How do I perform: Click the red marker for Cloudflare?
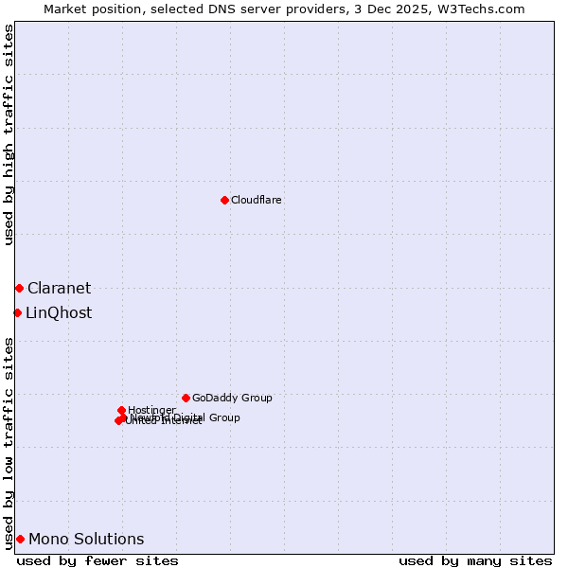[x=224, y=200]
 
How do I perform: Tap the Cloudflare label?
[x=257, y=201]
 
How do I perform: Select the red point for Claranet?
[x=19, y=288]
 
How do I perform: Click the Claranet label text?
[x=59, y=289]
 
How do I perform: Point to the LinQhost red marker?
[x=17, y=312]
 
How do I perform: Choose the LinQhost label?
[x=59, y=313]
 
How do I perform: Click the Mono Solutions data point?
[x=20, y=539]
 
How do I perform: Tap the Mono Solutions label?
[x=86, y=540]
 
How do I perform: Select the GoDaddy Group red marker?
[x=186, y=398]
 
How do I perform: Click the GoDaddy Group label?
[x=232, y=399]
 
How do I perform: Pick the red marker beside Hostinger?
[x=121, y=410]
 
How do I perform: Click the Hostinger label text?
[x=151, y=410]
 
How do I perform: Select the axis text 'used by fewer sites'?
[x=98, y=560]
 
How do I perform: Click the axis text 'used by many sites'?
[x=475, y=560]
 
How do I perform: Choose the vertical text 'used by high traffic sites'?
[x=9, y=135]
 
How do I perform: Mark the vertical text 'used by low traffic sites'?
[x=9, y=443]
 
